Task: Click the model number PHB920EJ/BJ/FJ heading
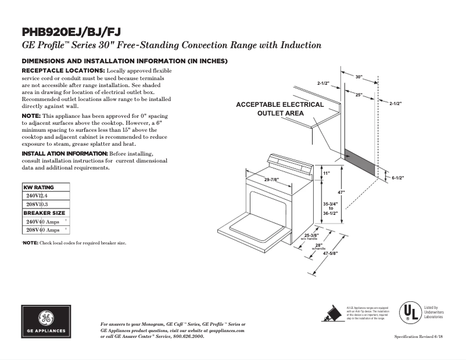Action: pos(71,31)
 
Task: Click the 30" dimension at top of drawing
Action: pos(359,77)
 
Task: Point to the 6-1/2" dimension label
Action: pos(397,178)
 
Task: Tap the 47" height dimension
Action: pos(342,192)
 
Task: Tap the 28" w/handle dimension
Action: pos(318,246)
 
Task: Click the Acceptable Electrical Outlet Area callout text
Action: pos(279,109)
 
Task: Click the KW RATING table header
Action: pos(38,188)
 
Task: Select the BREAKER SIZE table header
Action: pos(44,213)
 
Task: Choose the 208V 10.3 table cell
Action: pos(37,204)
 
